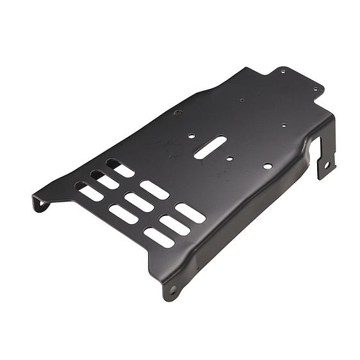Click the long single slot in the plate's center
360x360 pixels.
tap(209, 147)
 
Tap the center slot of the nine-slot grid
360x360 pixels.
tap(138, 202)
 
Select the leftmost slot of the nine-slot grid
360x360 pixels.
tap(90, 192)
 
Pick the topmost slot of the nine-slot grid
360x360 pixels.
tap(120, 168)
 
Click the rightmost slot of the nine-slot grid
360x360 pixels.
tap(190, 213)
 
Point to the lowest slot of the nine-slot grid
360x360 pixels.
tap(159, 238)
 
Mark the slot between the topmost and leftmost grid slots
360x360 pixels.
tap(105, 180)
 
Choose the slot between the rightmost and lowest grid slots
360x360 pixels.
tap(175, 225)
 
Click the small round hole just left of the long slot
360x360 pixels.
tap(191, 135)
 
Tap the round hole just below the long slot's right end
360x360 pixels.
tap(229, 158)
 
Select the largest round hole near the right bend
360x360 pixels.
tap(267, 166)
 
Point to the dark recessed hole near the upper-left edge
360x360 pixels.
tap(177, 113)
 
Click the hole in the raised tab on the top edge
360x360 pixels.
tap(282, 72)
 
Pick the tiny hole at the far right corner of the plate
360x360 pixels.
tap(315, 90)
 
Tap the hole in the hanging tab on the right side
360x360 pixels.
tap(326, 165)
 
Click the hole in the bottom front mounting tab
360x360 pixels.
tap(172, 290)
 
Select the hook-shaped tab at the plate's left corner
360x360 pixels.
tap(40, 204)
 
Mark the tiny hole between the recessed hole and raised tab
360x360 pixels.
tap(241, 100)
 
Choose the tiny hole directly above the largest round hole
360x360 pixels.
tap(282, 126)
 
